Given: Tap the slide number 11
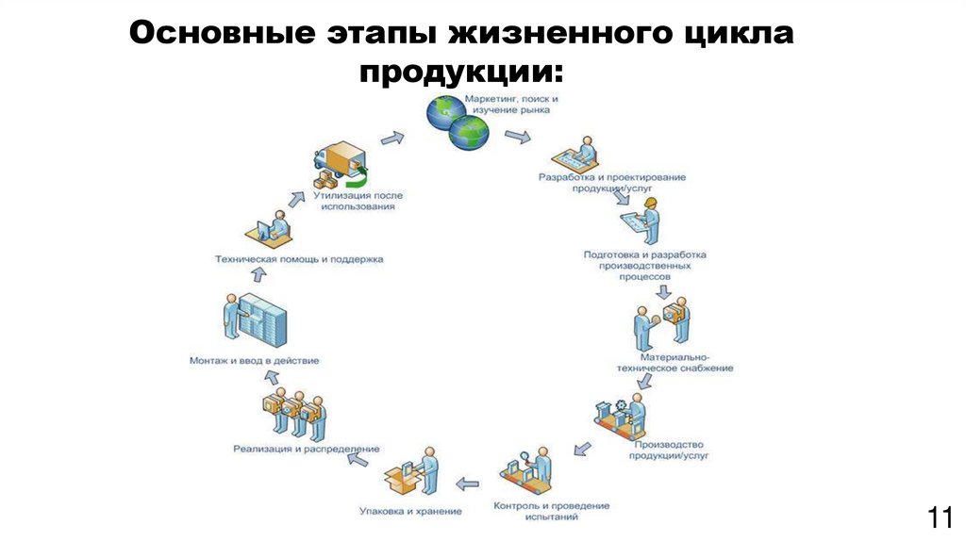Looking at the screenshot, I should (x=940, y=517).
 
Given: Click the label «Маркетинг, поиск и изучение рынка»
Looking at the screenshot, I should (x=509, y=104).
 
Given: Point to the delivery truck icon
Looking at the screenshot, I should (x=339, y=167).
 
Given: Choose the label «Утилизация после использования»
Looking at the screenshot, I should (x=357, y=201).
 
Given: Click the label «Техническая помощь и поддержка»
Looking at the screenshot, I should (x=299, y=258).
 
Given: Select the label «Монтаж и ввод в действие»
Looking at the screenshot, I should (x=254, y=361).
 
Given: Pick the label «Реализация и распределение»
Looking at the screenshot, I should (x=307, y=449).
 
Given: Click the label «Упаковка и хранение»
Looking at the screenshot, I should (x=410, y=511).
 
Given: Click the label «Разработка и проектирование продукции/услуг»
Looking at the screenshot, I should (x=612, y=182).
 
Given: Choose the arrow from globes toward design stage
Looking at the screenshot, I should (x=517, y=138).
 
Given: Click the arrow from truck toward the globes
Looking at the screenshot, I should (x=392, y=138).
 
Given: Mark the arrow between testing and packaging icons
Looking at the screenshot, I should (x=467, y=484).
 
